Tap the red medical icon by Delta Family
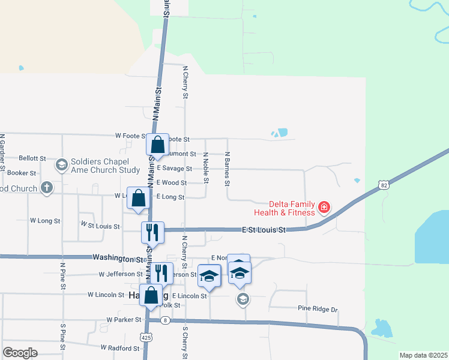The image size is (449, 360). click(x=324, y=208)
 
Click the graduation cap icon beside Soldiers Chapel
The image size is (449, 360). click(x=61, y=165)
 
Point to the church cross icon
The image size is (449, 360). click(x=47, y=188)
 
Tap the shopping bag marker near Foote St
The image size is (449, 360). click(x=157, y=145)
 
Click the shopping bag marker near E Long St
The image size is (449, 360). click(x=138, y=199)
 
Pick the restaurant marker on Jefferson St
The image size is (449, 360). click(x=161, y=273)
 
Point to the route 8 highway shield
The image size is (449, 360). click(x=166, y=320)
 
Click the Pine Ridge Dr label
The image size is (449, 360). click(x=318, y=309)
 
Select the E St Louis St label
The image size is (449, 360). click(x=264, y=230)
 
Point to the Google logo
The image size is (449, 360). click(x=20, y=353)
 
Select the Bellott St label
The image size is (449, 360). click(x=32, y=158)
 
